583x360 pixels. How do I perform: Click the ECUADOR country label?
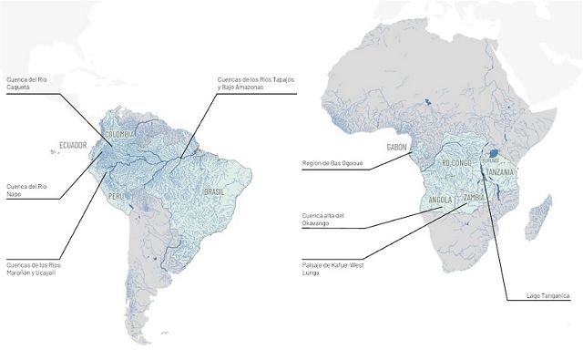(x=73, y=145)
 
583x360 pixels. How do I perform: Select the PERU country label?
(x=116, y=196)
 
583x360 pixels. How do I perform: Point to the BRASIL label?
(x=214, y=192)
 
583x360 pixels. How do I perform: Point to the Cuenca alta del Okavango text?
(x=326, y=220)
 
